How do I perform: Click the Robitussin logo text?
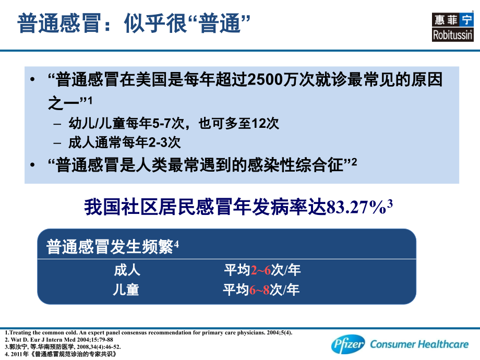tap(452, 35)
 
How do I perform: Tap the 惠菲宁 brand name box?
tap(452, 20)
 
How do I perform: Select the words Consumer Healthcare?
tap(418, 344)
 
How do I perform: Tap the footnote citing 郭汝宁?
tap(63, 346)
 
